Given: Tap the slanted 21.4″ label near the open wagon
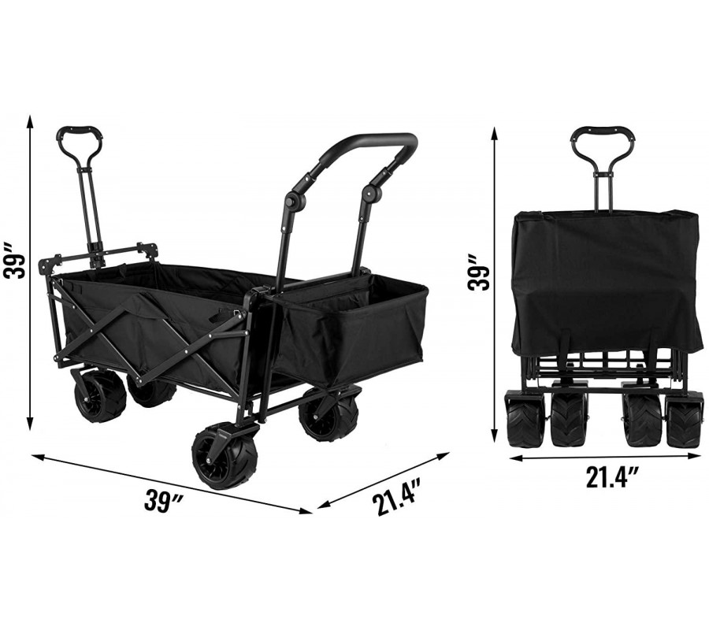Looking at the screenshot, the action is (x=395, y=497).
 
